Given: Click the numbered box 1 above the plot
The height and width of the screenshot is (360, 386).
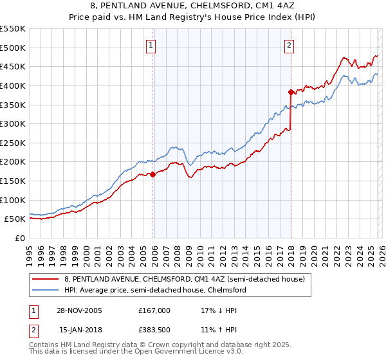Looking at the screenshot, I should click(151, 45).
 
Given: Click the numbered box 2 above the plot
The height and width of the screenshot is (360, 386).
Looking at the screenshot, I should click(289, 45).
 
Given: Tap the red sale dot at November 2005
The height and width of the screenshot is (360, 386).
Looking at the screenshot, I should click(153, 174).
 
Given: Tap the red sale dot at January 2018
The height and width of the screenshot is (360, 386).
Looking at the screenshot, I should click(291, 91).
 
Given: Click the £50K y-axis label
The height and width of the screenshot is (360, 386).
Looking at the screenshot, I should click(15, 219).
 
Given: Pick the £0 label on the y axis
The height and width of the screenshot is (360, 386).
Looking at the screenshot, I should click(21, 238).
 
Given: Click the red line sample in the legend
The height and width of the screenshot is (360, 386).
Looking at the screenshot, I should click(46, 279).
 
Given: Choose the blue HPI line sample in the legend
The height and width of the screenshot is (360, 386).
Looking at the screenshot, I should click(46, 290).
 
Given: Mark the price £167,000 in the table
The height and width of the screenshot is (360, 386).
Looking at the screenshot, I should click(154, 310).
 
